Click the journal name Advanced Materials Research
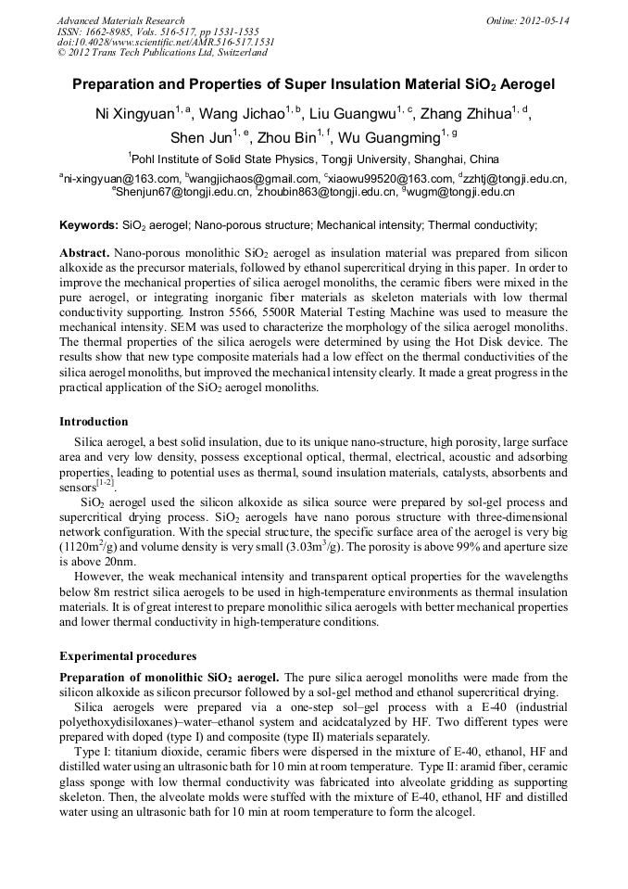click(x=120, y=20)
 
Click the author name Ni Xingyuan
click(x=135, y=114)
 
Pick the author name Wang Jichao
click(x=244, y=114)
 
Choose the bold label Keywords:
click(x=88, y=225)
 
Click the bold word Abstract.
click(x=84, y=253)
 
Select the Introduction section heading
click(x=94, y=422)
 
